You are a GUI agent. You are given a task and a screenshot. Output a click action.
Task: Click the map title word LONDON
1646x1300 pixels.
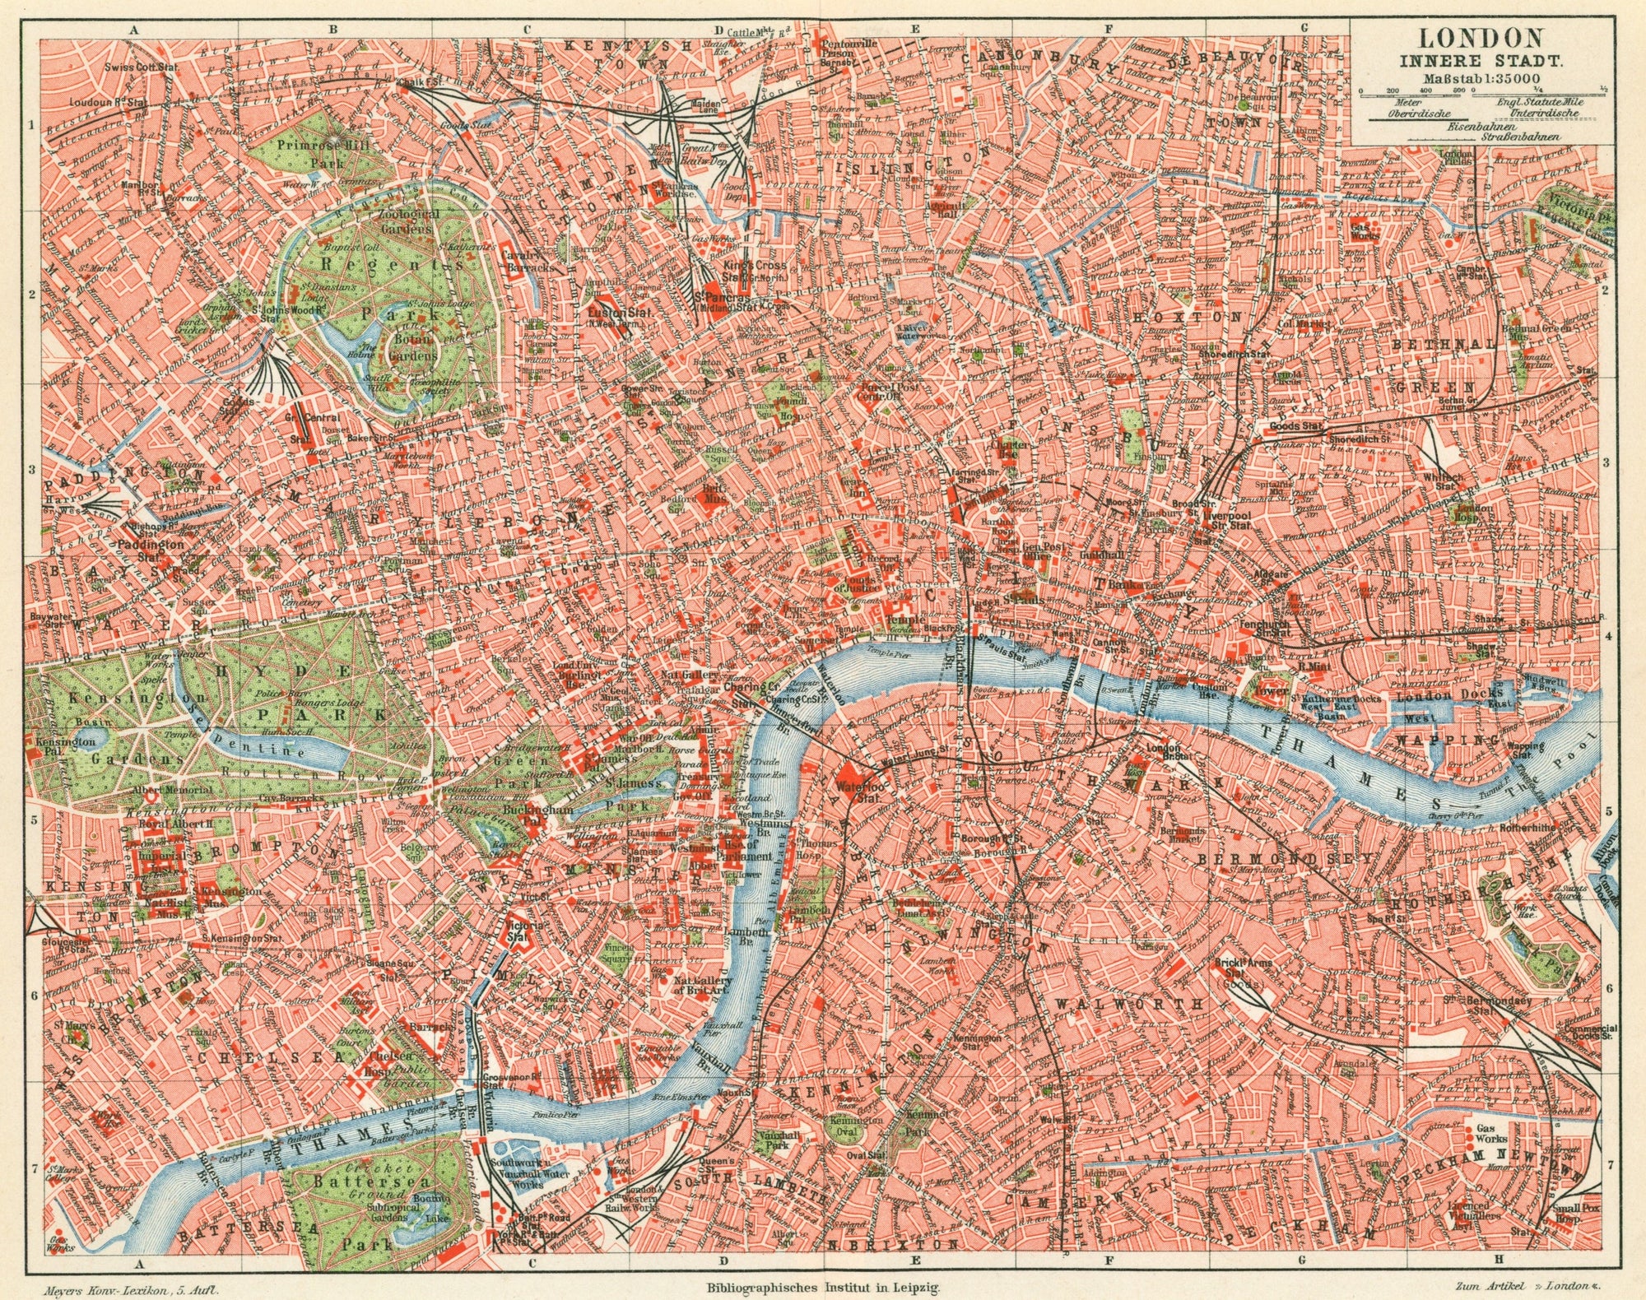coord(1479,37)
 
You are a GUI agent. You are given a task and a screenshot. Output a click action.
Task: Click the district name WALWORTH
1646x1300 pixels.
coord(1128,1005)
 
